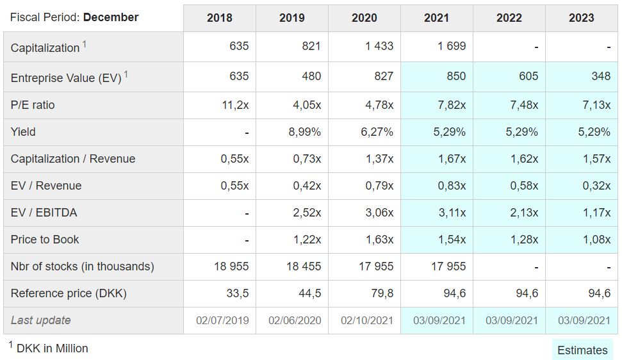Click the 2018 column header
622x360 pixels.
tap(219, 18)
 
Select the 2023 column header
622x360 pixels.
tap(581, 18)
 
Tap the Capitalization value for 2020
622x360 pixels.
tap(379, 46)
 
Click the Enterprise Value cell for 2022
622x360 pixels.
tap(528, 76)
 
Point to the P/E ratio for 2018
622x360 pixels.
tap(235, 105)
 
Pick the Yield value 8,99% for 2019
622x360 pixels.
tap(304, 132)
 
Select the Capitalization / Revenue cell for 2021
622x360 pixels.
tap(452, 159)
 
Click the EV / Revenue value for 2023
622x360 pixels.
tap(596, 186)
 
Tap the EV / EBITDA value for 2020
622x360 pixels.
tap(379, 213)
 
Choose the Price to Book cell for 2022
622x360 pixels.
tap(524, 240)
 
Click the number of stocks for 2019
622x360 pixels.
tap(304, 266)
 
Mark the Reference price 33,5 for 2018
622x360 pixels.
tap(238, 293)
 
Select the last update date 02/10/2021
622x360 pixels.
tap(366, 320)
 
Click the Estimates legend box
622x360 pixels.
tap(582, 350)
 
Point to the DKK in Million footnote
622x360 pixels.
tap(49, 348)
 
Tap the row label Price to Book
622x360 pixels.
tap(45, 240)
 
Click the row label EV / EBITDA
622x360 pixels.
tap(44, 213)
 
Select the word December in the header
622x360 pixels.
tap(111, 17)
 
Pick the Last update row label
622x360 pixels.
tap(40, 320)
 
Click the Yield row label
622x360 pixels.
tap(23, 132)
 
